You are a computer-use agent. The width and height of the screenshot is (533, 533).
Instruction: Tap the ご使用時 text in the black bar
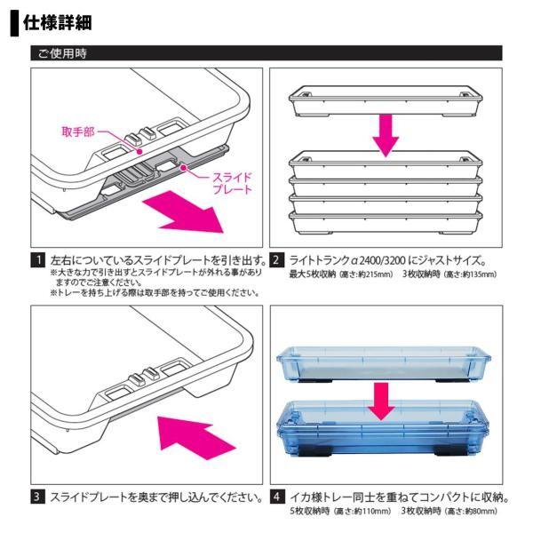tap(61, 54)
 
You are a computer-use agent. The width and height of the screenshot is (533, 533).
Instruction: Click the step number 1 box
tap(38, 261)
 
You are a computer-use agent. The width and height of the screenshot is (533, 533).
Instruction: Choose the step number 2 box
tap(277, 261)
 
